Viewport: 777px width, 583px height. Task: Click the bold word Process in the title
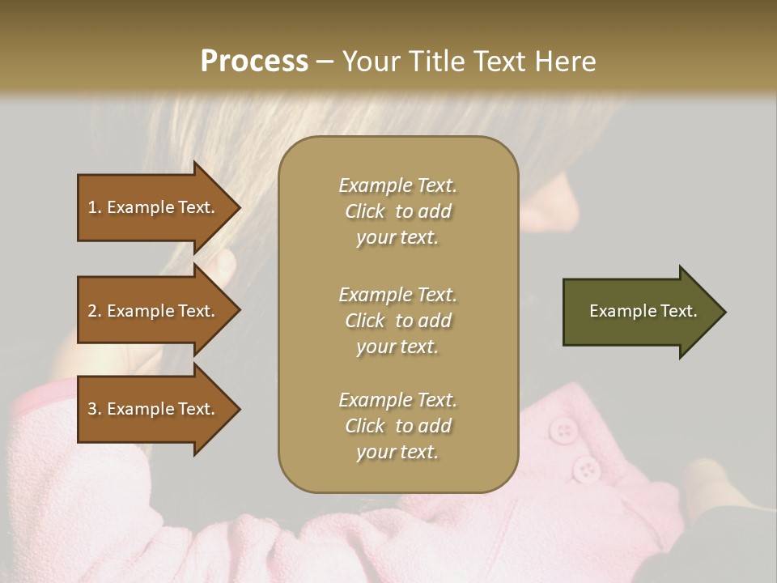click(x=254, y=62)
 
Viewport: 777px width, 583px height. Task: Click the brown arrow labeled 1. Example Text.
click(x=154, y=207)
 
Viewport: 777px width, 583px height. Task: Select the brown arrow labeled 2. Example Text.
click(x=154, y=311)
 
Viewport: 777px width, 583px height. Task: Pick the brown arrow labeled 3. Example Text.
click(x=154, y=409)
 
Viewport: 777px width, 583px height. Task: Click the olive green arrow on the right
click(x=639, y=311)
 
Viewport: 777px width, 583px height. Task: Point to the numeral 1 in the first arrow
click(x=92, y=207)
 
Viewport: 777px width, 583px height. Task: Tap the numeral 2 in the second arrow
click(x=92, y=311)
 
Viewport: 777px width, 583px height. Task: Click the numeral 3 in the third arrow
click(x=92, y=409)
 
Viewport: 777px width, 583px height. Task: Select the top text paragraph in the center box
click(x=397, y=211)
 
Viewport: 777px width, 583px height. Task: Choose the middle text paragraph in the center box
click(x=397, y=321)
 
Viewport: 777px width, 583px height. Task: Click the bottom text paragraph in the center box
click(x=397, y=426)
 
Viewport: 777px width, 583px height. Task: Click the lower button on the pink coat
click(x=585, y=468)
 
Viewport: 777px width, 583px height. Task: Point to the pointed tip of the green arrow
click(x=724, y=312)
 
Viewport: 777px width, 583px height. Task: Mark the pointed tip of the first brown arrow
click(x=239, y=207)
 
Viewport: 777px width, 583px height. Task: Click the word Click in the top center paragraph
click(x=365, y=211)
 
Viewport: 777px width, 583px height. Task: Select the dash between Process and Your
click(x=325, y=62)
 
